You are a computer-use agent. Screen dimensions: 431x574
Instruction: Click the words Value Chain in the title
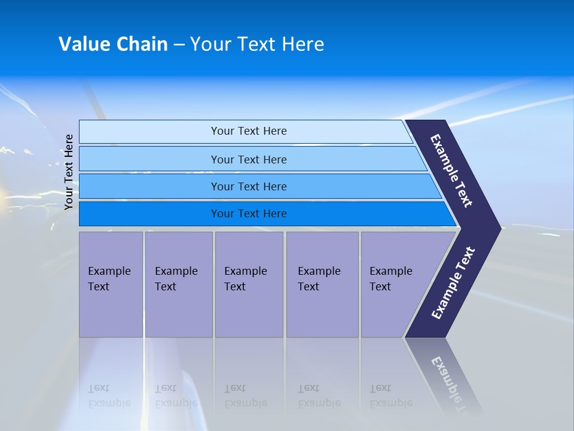pyautogui.click(x=113, y=44)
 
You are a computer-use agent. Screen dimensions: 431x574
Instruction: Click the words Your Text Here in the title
pyautogui.click(x=257, y=44)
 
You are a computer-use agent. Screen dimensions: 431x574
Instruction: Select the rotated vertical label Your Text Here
pyautogui.click(x=69, y=172)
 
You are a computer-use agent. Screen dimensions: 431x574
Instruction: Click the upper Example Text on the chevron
pyautogui.click(x=451, y=171)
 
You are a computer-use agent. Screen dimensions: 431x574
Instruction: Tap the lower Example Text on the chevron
pyautogui.click(x=453, y=283)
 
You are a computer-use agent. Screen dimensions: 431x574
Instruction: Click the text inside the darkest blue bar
pyautogui.click(x=249, y=214)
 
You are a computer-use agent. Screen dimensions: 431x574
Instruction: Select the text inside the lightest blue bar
pyautogui.click(x=249, y=131)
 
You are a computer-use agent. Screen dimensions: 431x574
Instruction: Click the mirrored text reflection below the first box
pyautogui.click(x=109, y=396)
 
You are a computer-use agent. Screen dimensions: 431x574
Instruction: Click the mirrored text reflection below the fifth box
pyautogui.click(x=390, y=396)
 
